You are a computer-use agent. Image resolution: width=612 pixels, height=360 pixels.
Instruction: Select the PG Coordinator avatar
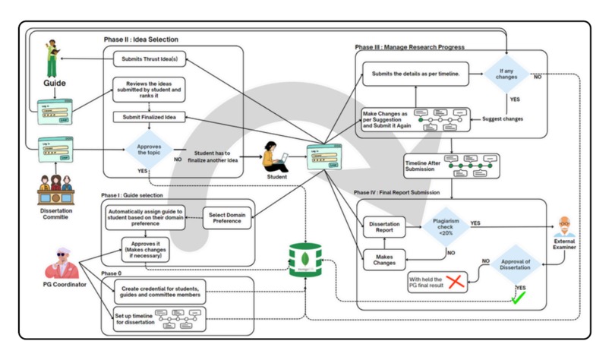(63, 261)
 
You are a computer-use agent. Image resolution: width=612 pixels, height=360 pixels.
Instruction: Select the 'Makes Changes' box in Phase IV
(385, 261)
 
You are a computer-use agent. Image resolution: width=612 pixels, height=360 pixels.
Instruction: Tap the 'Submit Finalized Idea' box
(150, 117)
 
